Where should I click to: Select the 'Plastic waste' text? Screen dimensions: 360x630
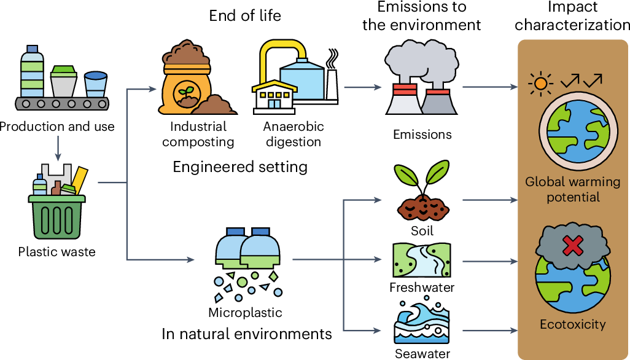point(56,252)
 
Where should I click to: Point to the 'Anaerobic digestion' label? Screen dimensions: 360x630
point(294,135)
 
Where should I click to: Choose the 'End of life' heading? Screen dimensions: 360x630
point(245,15)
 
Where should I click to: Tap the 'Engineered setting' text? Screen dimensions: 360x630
point(240,167)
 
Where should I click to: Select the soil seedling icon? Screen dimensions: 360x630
point(422,191)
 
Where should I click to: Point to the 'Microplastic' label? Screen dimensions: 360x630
point(245,313)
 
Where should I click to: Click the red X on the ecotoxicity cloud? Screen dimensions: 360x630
point(572,246)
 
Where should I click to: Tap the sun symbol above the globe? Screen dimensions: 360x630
point(540,82)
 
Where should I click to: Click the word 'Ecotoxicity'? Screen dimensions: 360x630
point(572,324)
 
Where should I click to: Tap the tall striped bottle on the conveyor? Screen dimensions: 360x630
point(31,71)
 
